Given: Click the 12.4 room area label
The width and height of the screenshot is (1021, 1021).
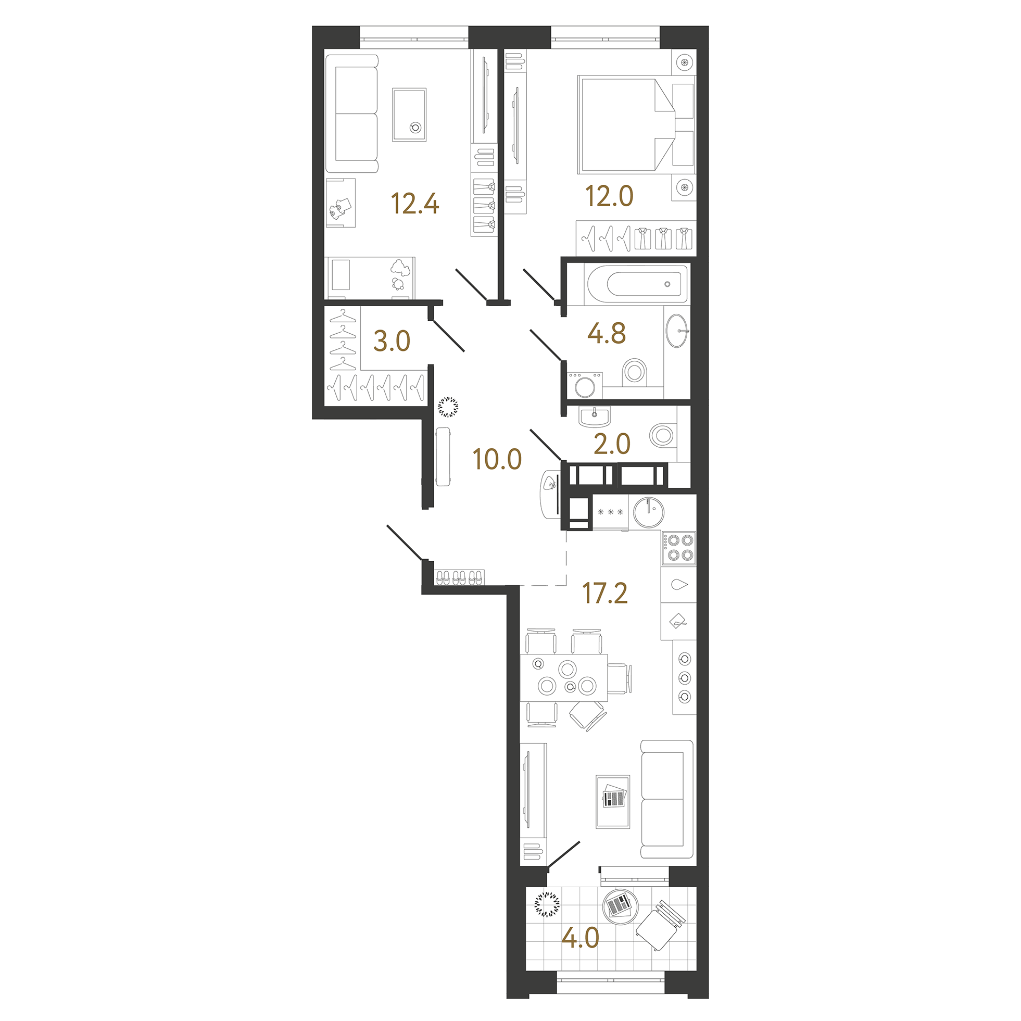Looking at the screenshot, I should (415, 204).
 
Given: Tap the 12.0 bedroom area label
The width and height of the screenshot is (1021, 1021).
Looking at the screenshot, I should (609, 196).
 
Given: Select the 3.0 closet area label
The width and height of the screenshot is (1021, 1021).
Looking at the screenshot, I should (392, 342).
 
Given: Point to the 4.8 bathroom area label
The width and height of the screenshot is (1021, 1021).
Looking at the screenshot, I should (606, 333).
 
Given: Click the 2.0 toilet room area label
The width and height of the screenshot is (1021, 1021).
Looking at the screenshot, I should (611, 444).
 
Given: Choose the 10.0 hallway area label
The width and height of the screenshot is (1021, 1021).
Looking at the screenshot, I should (497, 459).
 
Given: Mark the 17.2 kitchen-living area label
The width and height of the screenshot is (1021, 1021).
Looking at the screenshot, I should (604, 594).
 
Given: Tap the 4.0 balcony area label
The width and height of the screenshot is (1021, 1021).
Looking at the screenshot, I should (579, 939).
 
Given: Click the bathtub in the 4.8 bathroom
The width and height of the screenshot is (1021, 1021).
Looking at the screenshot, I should (636, 284).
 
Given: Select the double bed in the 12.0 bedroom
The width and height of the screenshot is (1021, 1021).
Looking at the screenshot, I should (627, 125).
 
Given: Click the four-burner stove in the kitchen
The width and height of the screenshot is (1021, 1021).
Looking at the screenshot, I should (678, 548).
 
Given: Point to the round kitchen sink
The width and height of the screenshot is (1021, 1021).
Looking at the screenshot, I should (648, 512).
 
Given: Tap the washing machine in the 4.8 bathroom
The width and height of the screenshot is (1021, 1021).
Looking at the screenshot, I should (585, 385).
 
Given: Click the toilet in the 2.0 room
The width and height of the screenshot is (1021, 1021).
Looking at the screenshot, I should (663, 436).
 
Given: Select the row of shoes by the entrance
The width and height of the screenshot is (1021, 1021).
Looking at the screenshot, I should (459, 577).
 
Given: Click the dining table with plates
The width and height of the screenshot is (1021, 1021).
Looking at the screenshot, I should (563, 677).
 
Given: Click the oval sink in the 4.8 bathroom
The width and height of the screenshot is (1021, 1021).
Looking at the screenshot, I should (677, 331).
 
